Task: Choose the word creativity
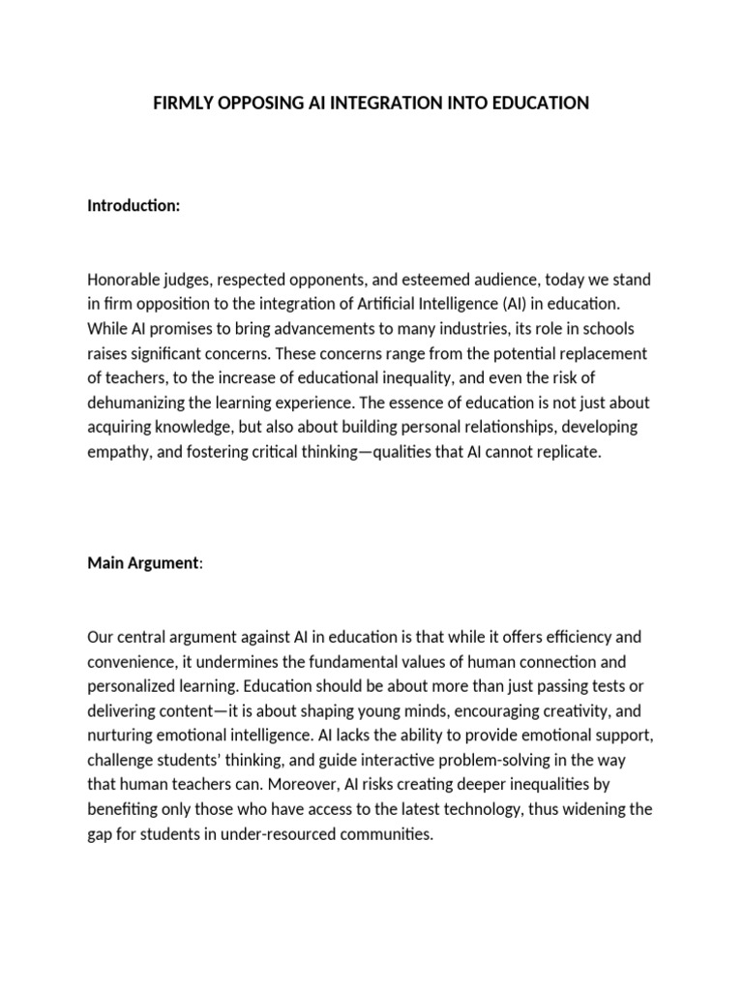(x=558, y=711)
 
